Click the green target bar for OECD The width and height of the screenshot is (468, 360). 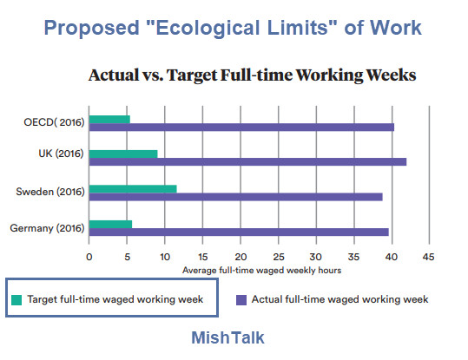click(x=109, y=120)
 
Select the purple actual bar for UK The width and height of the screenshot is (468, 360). click(x=247, y=161)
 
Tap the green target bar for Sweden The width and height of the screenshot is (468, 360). click(x=133, y=189)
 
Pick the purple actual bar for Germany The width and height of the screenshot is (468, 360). click(x=239, y=232)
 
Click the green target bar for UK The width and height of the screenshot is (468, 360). click(x=123, y=154)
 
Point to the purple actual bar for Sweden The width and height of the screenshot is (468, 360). click(x=236, y=197)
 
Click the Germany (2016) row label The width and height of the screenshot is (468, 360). click(x=47, y=228)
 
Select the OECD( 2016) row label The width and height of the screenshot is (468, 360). click(x=54, y=122)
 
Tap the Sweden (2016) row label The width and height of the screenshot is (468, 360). click(x=50, y=192)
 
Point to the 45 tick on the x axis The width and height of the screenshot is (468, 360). click(x=428, y=257)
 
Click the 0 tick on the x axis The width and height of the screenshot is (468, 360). click(x=89, y=257)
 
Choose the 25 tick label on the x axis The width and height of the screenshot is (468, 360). click(x=279, y=257)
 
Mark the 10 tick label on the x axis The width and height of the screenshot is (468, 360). click(x=165, y=257)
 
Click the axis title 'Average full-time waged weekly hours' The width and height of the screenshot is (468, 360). click(x=261, y=271)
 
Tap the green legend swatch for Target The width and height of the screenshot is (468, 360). click(x=16, y=300)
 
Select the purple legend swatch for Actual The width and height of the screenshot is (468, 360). click(x=241, y=300)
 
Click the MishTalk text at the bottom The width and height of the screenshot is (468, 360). click(x=227, y=337)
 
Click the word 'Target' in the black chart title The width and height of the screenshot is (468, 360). click(x=192, y=75)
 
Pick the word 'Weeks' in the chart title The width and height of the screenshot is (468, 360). click(x=391, y=75)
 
